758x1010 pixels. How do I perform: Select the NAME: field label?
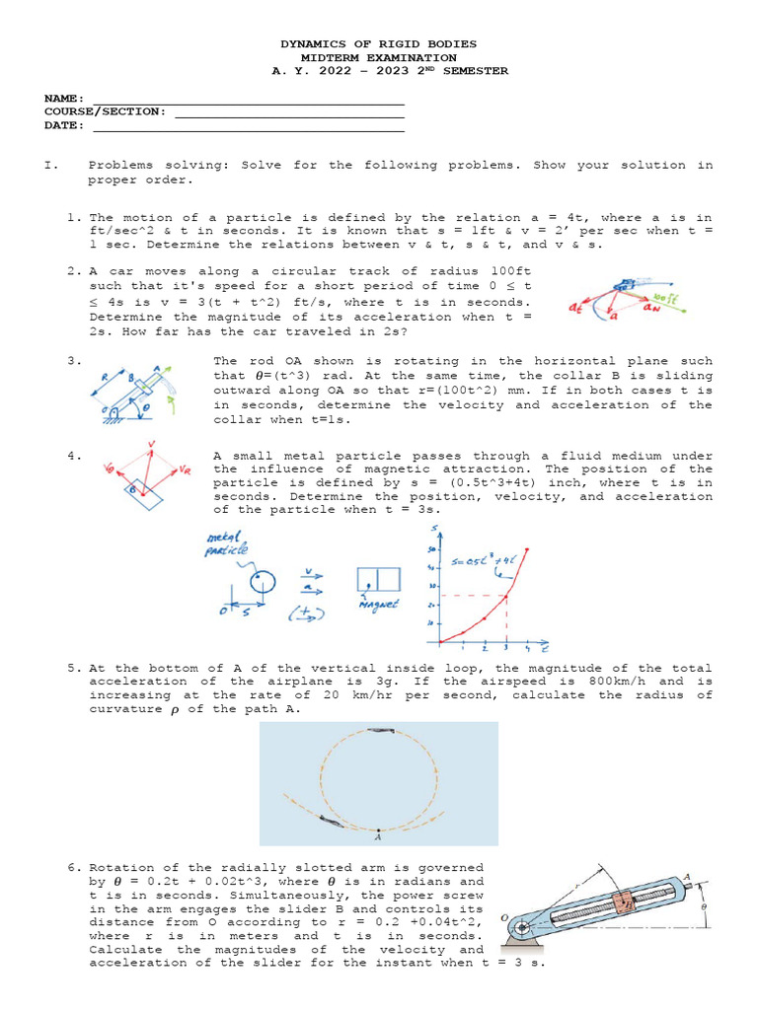65,99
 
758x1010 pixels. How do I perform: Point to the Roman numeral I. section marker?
50,166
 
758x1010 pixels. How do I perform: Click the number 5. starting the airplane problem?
75,668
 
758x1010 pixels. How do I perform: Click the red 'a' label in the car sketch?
614,317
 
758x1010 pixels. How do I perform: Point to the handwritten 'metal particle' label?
227,543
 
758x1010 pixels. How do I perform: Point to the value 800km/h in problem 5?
601,682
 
